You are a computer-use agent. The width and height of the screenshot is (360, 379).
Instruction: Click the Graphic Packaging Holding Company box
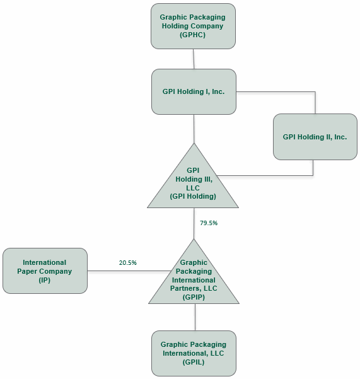tap(193, 26)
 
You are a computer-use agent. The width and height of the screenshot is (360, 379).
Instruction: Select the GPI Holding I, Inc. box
tap(194, 91)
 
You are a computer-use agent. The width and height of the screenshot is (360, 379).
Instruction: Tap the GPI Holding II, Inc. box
tap(315, 137)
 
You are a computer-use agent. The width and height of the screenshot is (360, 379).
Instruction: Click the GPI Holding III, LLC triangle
tap(193, 183)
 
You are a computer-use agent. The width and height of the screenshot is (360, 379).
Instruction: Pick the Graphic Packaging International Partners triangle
tap(194, 281)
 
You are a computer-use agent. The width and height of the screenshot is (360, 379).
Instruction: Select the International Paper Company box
tap(45, 271)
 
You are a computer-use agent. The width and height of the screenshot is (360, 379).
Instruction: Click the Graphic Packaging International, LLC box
tap(194, 353)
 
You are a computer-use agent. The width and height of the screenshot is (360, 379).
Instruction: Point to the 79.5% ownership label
tap(209, 223)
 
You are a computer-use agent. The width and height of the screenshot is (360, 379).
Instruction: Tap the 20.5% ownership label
tap(128, 262)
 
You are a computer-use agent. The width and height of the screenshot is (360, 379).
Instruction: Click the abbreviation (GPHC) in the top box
tap(193, 35)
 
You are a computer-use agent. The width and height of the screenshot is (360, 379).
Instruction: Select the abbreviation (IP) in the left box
tap(44, 281)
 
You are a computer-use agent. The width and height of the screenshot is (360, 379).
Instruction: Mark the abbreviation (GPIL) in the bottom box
tap(194, 362)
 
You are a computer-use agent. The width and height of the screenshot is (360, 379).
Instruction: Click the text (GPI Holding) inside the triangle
tap(193, 197)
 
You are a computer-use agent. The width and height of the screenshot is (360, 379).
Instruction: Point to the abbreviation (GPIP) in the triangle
tap(194, 297)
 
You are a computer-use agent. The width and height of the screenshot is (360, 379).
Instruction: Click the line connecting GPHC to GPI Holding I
tap(194, 59)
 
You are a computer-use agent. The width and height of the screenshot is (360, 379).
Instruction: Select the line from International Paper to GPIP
tap(126, 271)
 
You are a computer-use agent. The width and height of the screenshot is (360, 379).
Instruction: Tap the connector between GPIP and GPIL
tap(195, 317)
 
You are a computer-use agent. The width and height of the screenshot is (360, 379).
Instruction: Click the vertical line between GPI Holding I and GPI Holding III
tap(194, 129)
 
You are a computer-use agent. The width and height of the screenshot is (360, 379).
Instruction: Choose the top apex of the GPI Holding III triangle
tap(194, 146)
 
